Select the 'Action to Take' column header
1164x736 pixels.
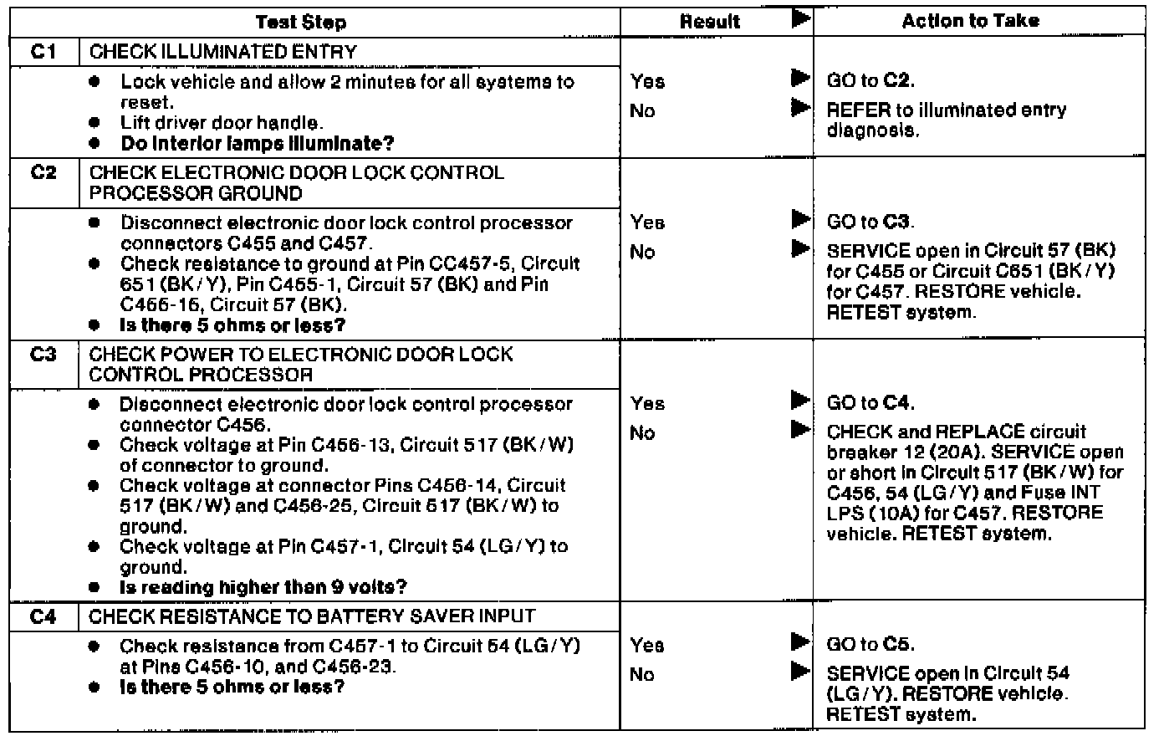970,22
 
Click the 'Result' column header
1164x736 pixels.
711,23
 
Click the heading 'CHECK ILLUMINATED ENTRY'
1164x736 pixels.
223,52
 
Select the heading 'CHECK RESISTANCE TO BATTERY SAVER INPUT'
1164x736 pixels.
312,617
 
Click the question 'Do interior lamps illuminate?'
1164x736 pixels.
258,143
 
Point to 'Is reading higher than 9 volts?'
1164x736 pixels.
263,587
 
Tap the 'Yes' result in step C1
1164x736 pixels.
648,81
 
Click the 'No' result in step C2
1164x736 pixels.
642,252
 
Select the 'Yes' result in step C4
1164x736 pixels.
648,646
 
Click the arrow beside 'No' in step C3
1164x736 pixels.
800,432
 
